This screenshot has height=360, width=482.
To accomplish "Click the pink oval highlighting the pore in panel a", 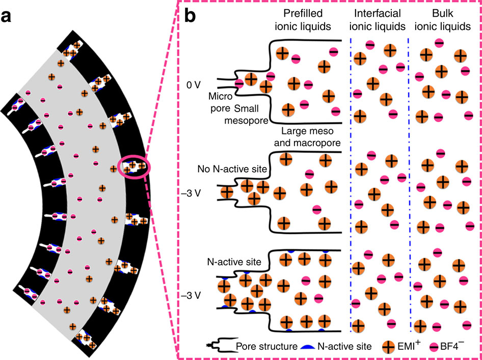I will (134, 167).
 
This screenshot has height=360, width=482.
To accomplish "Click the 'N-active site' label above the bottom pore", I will (234, 263).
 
